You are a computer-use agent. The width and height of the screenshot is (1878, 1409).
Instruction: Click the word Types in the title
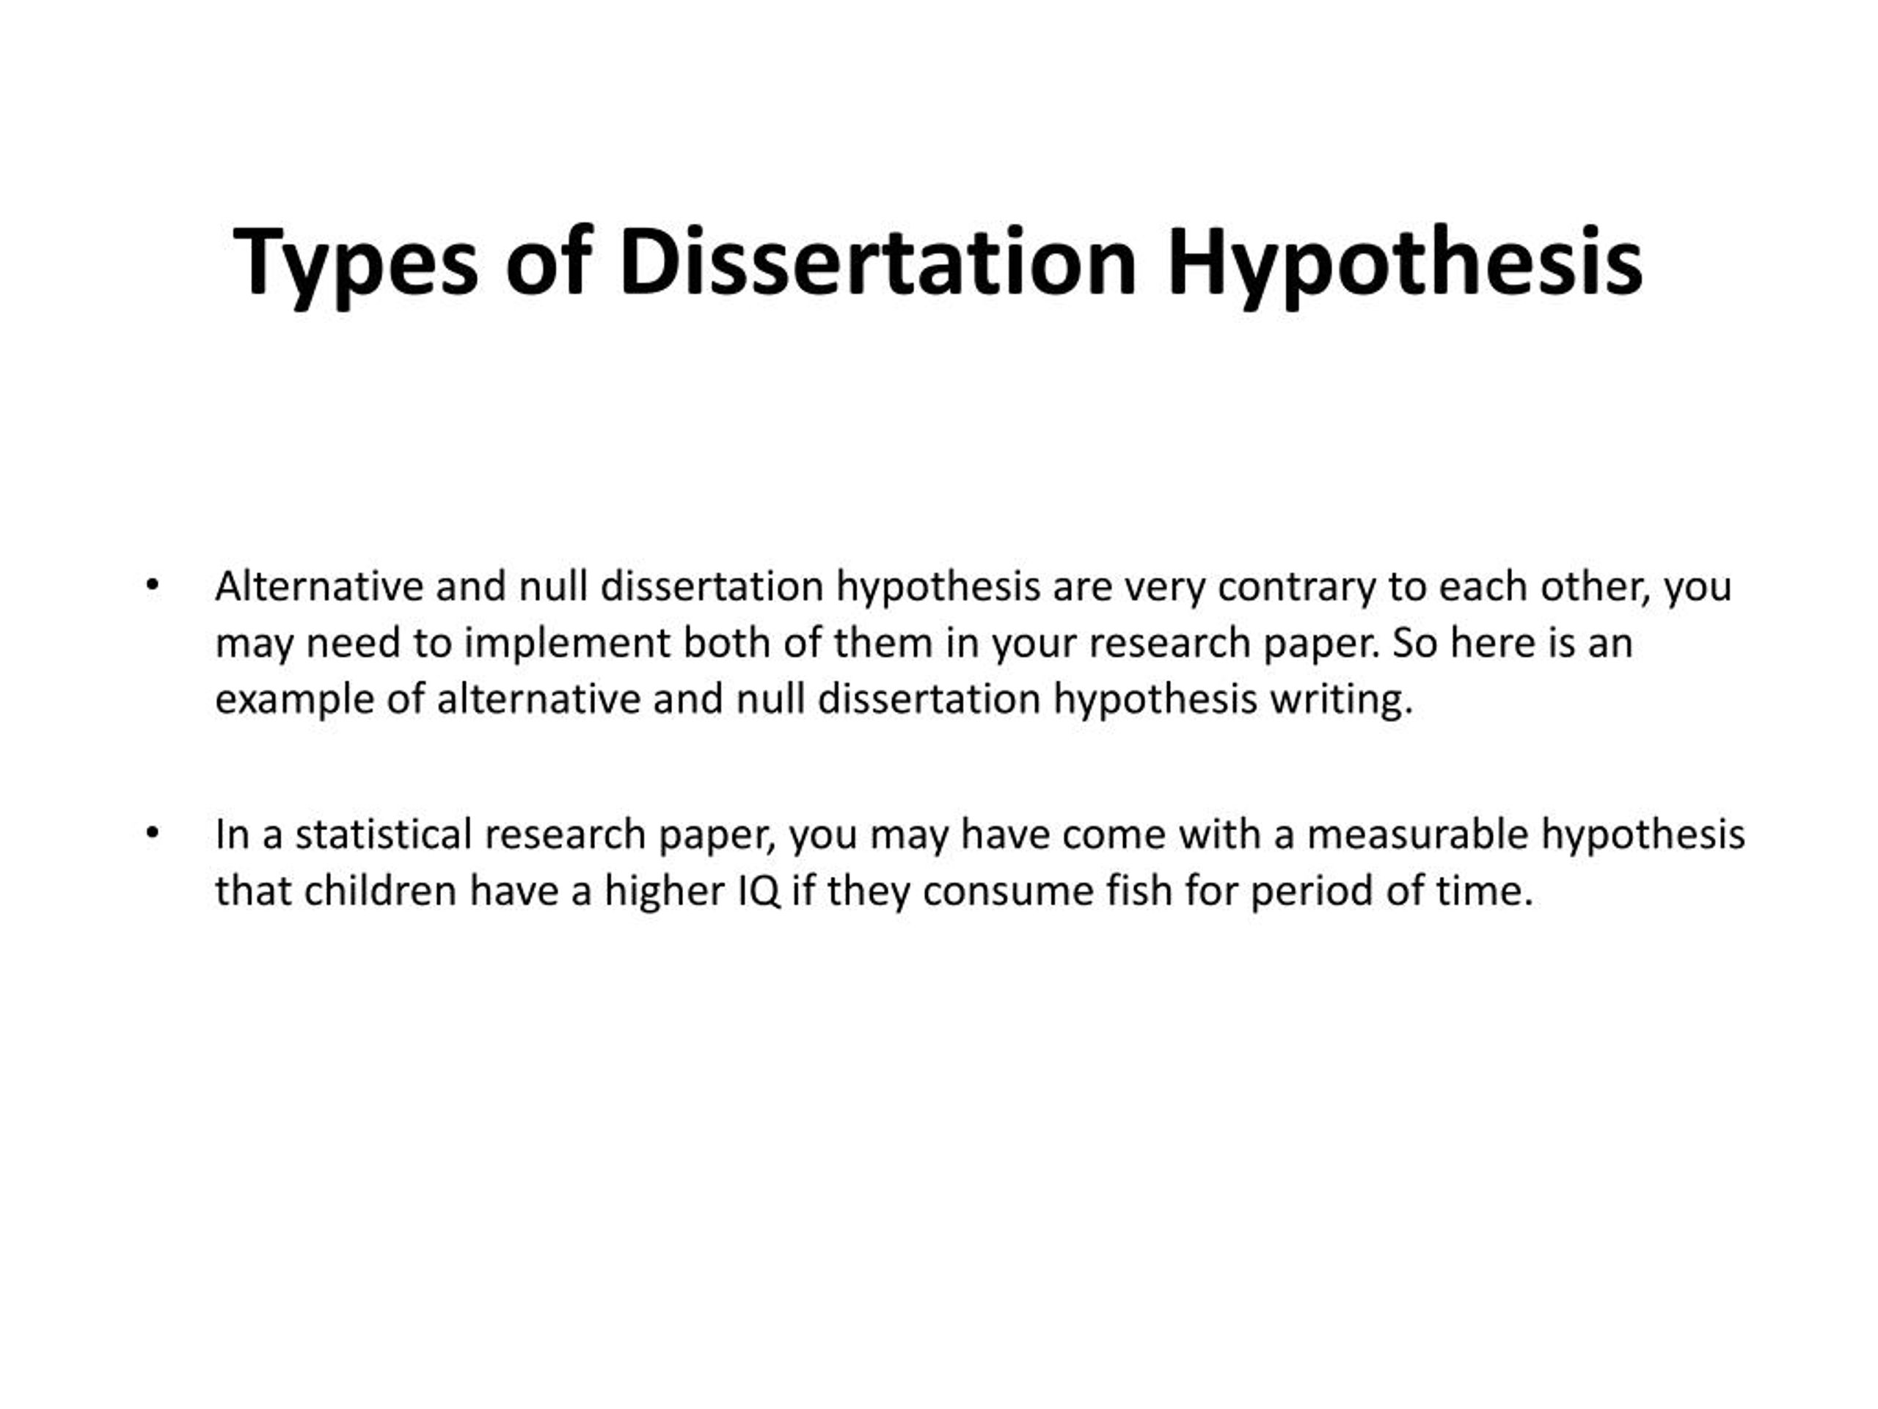tap(356, 264)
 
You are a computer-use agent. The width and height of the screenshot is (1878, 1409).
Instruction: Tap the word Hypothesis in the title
tap(1405, 264)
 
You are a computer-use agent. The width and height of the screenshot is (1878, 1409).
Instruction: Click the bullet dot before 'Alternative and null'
tap(152, 586)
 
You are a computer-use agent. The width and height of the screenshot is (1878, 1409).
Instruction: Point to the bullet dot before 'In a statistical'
tap(152, 835)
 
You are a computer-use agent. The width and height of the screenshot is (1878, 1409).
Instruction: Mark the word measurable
tap(1418, 835)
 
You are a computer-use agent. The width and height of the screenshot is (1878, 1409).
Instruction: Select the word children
tap(379, 892)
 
